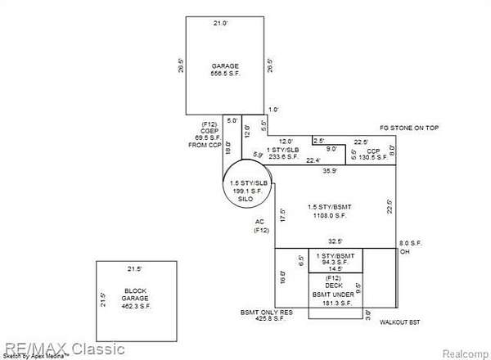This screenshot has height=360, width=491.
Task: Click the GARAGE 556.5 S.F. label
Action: point(225,69)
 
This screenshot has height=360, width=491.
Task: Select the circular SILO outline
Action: point(247,189)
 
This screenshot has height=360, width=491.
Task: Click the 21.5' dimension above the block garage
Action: point(136,269)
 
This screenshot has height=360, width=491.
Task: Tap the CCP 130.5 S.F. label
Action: point(373,155)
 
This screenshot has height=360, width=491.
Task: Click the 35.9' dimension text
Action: point(329,171)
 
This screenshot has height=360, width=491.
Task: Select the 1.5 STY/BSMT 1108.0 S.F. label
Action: point(327,211)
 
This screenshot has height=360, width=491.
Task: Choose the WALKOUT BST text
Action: point(400,322)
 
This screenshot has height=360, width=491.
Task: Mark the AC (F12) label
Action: point(261,227)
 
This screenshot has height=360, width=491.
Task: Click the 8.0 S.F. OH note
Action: point(411,247)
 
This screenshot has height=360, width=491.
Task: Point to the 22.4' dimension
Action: point(313,160)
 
